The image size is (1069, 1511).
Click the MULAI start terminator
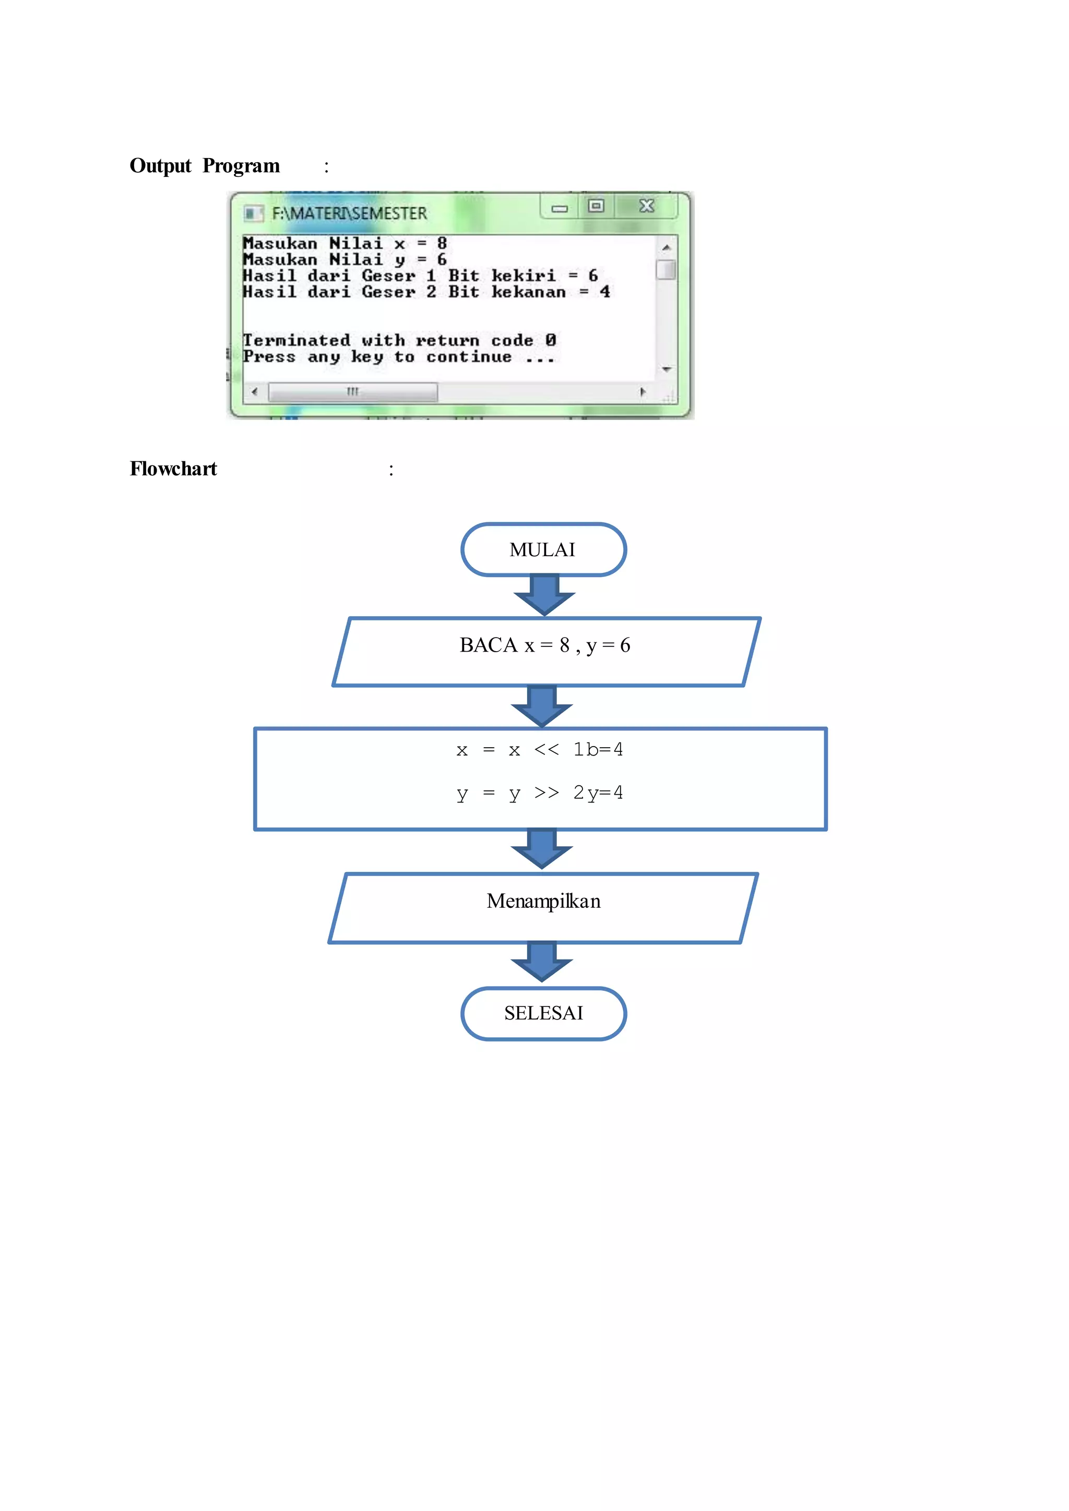point(543,549)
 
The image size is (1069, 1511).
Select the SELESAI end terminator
point(543,1013)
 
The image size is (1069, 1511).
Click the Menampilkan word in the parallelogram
point(543,901)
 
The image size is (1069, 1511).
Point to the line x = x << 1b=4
point(540,750)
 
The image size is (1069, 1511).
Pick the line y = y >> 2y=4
point(540,793)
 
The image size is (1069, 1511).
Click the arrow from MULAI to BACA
point(544,594)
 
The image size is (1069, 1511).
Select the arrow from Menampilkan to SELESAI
point(542,962)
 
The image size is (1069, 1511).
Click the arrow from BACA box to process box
point(542,706)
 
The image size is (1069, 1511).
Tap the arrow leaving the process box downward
point(542,849)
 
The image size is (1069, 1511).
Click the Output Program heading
point(205,166)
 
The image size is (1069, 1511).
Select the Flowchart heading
point(173,469)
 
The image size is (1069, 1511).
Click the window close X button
point(646,206)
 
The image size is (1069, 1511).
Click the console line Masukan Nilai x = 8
point(345,244)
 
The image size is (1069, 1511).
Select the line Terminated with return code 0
point(399,340)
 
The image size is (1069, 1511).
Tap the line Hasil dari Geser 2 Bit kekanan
point(426,292)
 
